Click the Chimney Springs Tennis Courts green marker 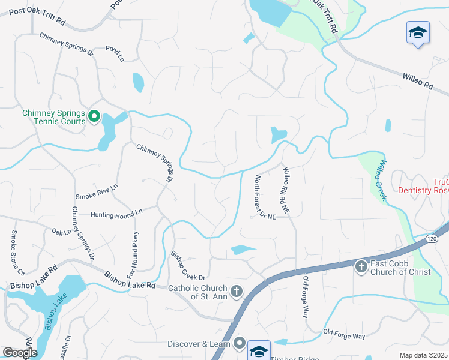click(94, 116)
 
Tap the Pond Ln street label click(114, 53)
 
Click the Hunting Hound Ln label click(116, 212)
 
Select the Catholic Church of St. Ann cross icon click(237, 292)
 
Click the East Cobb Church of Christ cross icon click(361, 266)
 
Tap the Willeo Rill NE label click(286, 191)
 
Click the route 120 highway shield click(432, 239)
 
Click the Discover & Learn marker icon click(240, 343)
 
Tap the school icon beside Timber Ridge click(259, 350)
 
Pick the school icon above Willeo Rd click(418, 32)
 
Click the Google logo click(20, 353)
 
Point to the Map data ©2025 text click(423, 355)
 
